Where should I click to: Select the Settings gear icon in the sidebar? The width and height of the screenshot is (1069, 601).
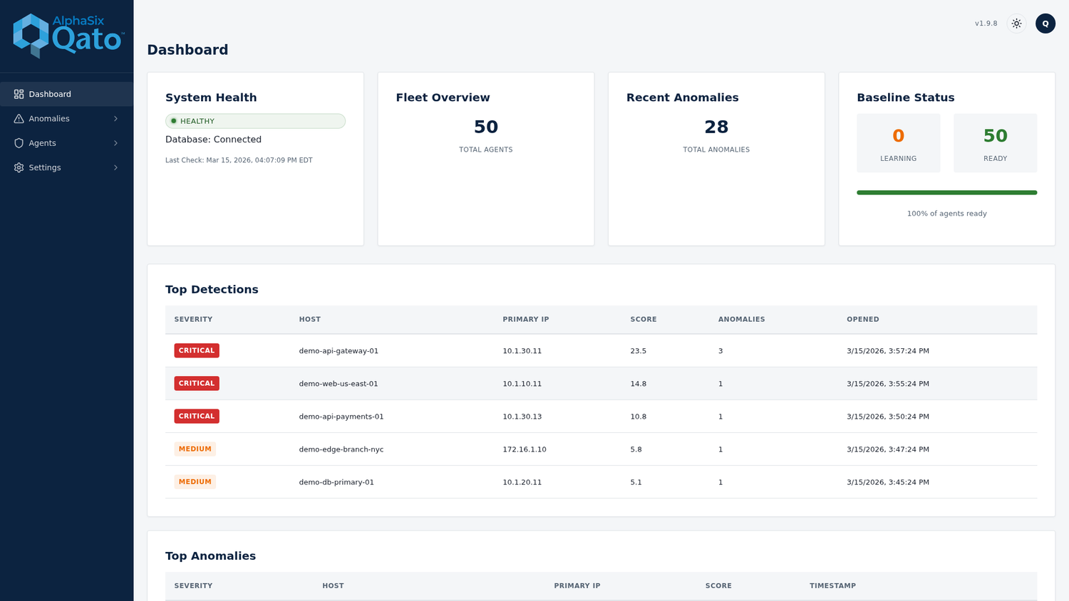(19, 167)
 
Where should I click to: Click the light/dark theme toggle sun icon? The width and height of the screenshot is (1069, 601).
(1016, 23)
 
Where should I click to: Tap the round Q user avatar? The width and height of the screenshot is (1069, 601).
(1045, 23)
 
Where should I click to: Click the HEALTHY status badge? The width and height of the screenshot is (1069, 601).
(255, 121)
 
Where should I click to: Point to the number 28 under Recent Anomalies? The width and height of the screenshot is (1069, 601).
(716, 127)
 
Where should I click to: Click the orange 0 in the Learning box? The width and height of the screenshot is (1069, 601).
(898, 136)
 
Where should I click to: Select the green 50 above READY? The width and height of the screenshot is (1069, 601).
(995, 136)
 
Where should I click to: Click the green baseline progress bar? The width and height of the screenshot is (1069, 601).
(947, 193)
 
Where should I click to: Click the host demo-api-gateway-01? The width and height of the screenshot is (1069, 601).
(339, 351)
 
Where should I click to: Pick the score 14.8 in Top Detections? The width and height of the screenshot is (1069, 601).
(638, 384)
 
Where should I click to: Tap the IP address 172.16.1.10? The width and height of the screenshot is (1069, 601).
(524, 449)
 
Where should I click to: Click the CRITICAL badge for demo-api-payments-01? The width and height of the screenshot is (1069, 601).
(197, 417)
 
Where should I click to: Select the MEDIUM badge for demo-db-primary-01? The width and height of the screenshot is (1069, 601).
(195, 482)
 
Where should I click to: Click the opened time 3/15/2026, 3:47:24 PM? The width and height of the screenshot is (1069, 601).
(888, 449)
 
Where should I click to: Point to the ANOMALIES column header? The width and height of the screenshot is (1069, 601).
(741, 320)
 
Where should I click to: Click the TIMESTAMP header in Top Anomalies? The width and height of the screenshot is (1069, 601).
(832, 586)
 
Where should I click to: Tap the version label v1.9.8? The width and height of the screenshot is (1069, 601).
(986, 23)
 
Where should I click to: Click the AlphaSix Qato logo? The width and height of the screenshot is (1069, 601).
(68, 36)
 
